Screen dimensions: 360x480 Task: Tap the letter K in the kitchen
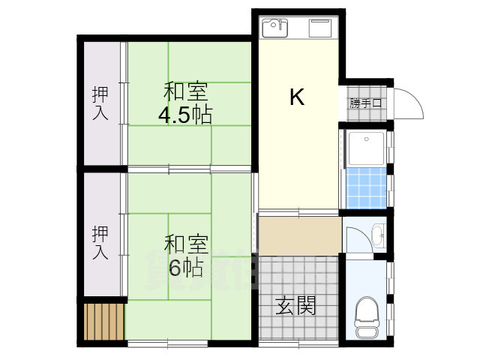point(297,97)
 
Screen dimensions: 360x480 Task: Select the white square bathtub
point(366,148)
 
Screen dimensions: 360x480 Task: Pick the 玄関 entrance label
point(295,306)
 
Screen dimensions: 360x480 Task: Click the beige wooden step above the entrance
point(298,236)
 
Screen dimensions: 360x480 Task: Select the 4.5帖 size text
point(184,115)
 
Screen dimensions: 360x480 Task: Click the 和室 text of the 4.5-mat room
point(185,93)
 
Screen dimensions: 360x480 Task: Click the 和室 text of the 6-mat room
point(185,244)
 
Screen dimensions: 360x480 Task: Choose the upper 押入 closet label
point(100,103)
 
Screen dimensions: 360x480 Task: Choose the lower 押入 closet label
point(100,242)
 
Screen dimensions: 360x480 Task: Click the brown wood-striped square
point(102,321)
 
